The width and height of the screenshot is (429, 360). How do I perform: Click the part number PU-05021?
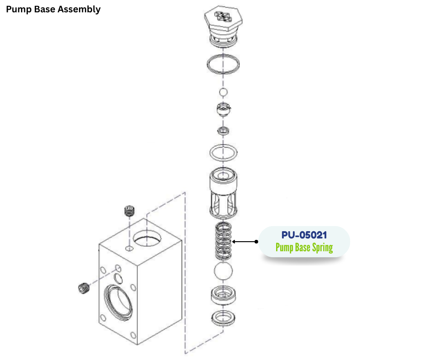304,235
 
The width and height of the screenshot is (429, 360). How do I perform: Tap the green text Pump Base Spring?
304,248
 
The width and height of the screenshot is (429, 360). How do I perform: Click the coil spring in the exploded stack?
223,241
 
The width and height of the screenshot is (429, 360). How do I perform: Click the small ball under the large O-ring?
223,93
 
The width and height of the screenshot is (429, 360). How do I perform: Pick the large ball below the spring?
223,272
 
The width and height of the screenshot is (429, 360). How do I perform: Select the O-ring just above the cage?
223,152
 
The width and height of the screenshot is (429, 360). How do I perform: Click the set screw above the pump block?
131,212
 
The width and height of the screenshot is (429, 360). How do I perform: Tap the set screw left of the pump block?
83,289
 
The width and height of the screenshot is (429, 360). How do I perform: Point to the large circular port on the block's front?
119,302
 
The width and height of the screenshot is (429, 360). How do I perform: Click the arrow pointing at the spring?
244,241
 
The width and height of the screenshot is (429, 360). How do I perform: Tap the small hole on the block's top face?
129,249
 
